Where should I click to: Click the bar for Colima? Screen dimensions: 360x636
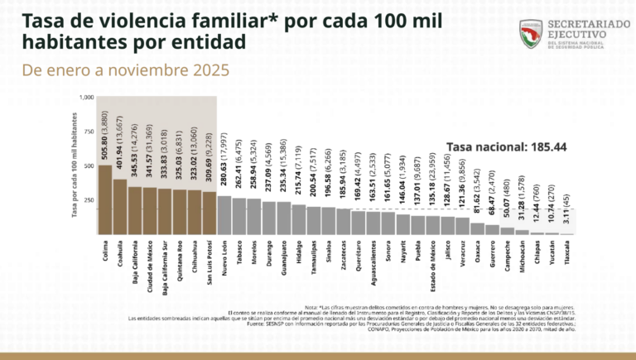click(x=105, y=199)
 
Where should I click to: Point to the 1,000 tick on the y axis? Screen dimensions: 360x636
click(x=87, y=98)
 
